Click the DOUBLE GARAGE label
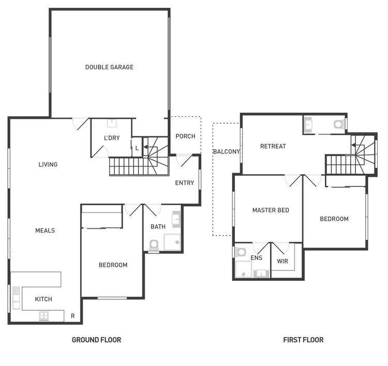[109, 67]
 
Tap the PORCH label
[185, 136]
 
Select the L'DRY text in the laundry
[112, 138]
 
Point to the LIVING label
[48, 165]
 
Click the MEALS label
[45, 231]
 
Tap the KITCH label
[43, 299]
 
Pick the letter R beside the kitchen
[73, 316]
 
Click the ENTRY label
[185, 183]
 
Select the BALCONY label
[226, 152]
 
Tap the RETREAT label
[273, 146]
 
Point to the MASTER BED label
[271, 210]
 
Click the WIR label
[282, 261]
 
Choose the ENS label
[256, 257]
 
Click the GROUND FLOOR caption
[96, 340]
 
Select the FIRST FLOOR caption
[303, 340]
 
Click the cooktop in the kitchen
[43, 315]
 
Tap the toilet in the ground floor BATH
[154, 244]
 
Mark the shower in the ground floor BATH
[172, 242]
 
